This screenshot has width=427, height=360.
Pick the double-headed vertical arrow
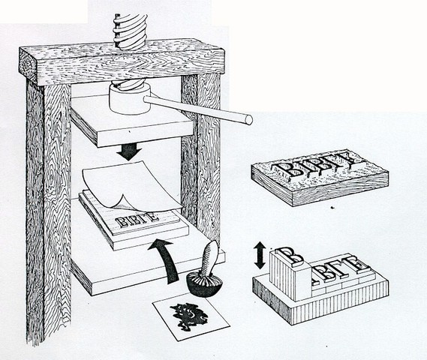click(259, 255)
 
